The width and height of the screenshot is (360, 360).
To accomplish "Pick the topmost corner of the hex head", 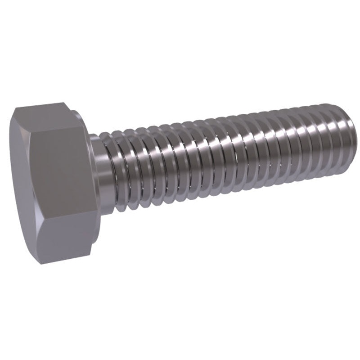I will pos(63,103).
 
